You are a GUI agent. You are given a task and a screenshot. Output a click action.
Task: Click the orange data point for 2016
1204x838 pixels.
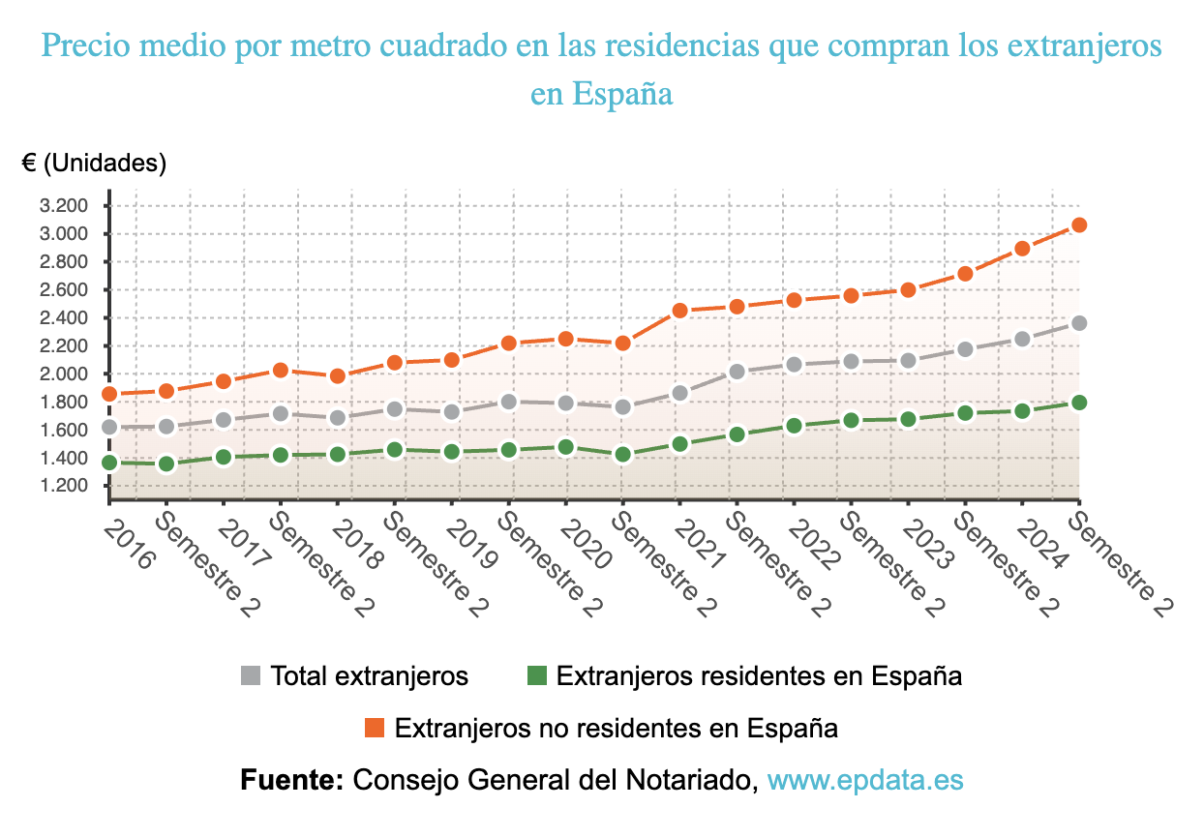[109, 394]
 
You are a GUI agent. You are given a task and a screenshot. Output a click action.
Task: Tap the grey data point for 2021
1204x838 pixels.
[680, 393]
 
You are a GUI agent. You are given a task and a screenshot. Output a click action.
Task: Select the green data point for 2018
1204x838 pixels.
[338, 454]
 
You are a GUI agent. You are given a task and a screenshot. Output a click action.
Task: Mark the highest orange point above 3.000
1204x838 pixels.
[1080, 224]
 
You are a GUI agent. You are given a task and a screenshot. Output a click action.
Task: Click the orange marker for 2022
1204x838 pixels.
[795, 300]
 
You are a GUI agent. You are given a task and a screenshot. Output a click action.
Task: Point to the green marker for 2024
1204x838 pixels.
[1023, 410]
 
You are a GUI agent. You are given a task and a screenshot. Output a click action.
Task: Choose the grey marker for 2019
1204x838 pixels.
[452, 411]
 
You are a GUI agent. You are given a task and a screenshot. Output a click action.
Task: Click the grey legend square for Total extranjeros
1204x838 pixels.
[251, 675]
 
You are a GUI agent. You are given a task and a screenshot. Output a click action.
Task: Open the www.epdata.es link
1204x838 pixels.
[865, 780]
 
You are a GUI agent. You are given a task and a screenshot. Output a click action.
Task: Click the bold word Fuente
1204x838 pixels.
[291, 780]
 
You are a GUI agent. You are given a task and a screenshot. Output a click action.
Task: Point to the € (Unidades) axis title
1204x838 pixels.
[94, 164]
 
